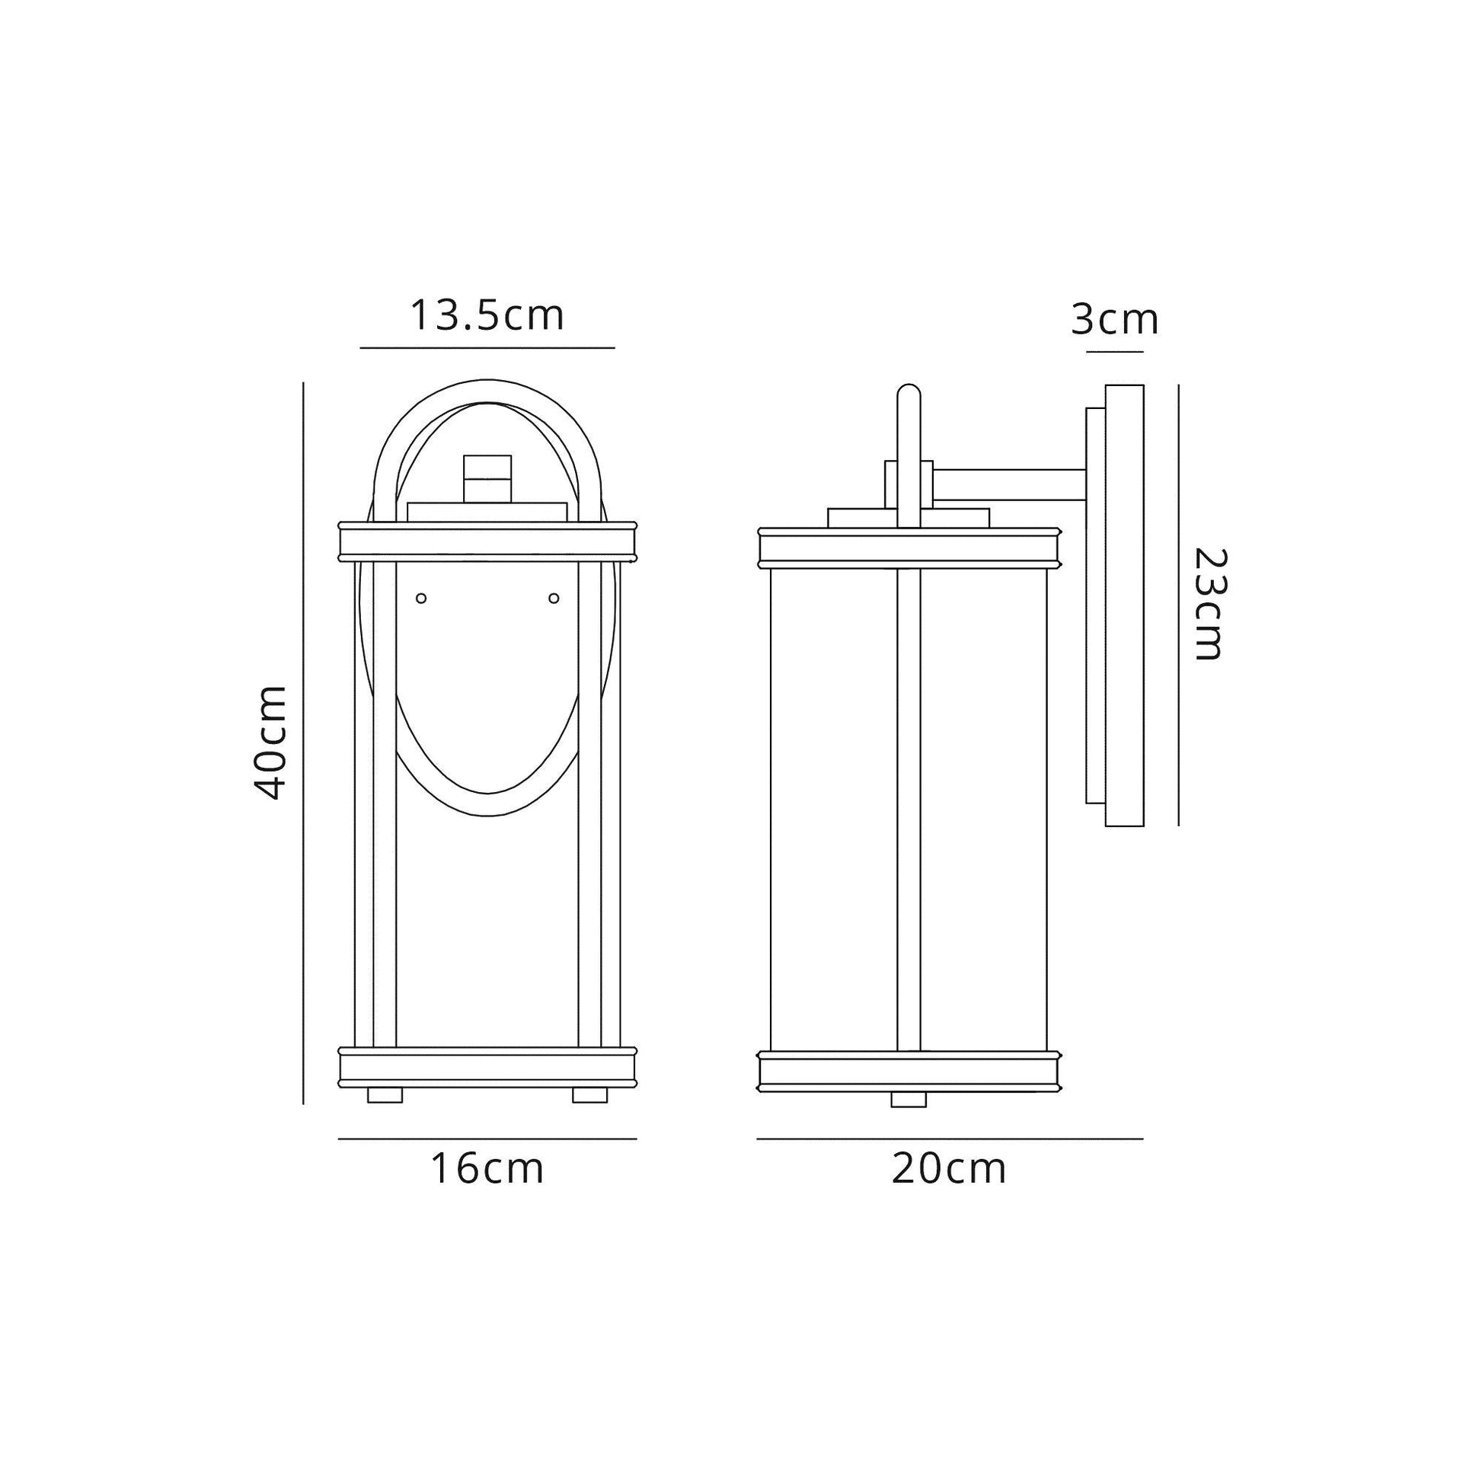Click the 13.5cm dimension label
[487, 315]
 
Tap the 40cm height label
[270, 743]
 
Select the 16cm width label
[487, 1169]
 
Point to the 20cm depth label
[949, 1169]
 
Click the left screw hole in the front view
[420, 599]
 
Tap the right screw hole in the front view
[554, 599]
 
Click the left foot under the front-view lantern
[385, 1095]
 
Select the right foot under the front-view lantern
[590, 1095]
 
